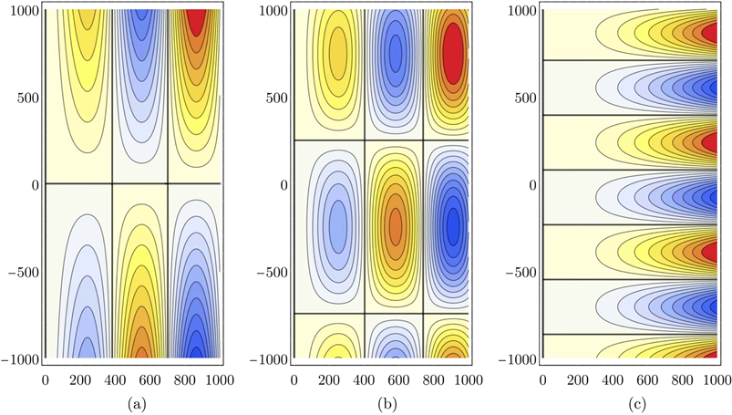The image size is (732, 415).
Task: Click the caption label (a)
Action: click(132, 399)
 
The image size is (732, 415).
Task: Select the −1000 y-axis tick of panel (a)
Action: click(20, 359)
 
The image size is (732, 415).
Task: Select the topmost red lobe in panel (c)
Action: click(709, 33)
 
